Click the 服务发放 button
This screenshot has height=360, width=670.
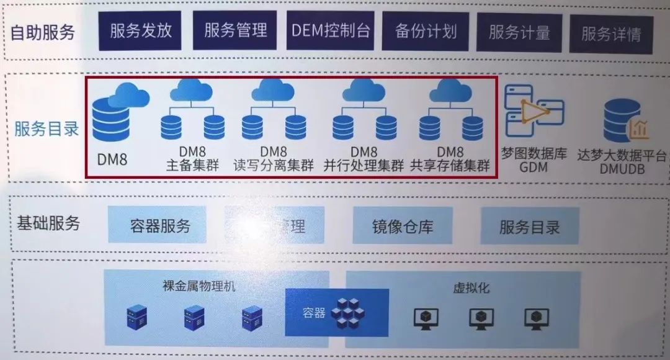pos(141,30)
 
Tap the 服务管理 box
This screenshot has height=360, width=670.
pos(235,30)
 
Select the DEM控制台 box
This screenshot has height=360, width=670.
pos(331,30)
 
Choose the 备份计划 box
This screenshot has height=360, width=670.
pos(426,31)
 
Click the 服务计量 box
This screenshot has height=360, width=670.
pos(519,32)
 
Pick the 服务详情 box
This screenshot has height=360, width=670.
pos(610,34)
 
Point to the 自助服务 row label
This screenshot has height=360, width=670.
pos(43,32)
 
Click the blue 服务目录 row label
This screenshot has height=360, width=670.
pos(47,129)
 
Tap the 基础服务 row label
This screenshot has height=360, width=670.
pos(48,223)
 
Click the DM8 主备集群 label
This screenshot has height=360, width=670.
pos(192,159)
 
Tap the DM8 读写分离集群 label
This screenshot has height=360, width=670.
pos(274,159)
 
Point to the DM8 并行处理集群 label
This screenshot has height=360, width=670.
pos(364,159)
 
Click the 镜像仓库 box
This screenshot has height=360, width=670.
pos(403,226)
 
